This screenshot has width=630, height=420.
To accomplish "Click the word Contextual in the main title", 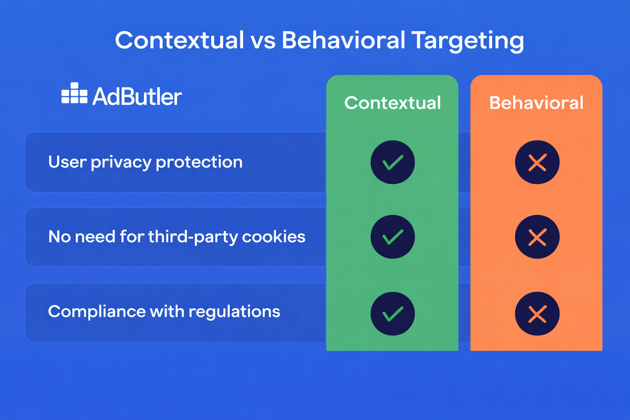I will point(179,40).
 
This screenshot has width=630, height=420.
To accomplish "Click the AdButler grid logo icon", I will point(74,94).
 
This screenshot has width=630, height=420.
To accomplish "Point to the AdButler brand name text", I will point(137,97).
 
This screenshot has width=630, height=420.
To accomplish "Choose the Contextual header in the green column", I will point(393,103).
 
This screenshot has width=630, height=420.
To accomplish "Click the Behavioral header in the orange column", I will point(536,103).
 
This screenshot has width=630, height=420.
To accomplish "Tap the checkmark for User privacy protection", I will point(393,162).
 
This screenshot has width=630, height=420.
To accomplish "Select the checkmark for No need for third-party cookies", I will point(393,237).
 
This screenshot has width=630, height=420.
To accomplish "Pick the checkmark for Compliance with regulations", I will point(393,314).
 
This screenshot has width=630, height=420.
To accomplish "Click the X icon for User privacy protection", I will point(537,162).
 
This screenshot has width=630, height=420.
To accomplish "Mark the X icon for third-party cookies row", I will point(537,237).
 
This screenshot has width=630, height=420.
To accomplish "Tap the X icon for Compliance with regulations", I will point(537,314).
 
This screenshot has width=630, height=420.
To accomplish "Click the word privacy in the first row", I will point(121,162).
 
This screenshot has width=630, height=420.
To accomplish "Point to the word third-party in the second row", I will point(193,237).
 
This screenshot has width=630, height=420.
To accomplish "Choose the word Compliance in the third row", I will point(96,312).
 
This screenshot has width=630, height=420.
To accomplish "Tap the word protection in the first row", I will point(199,162).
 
